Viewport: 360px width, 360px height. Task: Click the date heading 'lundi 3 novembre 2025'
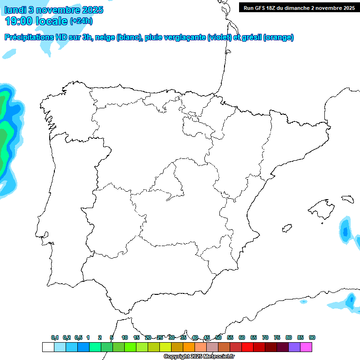[54, 10]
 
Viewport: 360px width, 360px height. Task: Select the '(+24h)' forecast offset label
[81, 21]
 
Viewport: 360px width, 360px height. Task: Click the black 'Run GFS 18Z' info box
[298, 8]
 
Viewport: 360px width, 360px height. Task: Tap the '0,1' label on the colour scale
[55, 337]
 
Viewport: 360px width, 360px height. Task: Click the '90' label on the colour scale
[312, 337]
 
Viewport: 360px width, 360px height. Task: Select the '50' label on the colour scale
[218, 337]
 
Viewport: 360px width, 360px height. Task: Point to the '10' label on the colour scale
[124, 337]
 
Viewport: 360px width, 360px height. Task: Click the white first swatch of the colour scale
[48, 347]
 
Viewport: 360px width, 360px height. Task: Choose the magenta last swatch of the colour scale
[307, 347]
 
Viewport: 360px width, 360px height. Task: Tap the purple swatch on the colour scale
[294, 347]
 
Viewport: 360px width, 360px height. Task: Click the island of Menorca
[347, 199]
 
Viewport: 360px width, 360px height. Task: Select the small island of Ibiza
[286, 228]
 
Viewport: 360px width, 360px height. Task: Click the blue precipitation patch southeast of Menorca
[346, 231]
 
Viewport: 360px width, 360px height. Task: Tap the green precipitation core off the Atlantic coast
[4, 136]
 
